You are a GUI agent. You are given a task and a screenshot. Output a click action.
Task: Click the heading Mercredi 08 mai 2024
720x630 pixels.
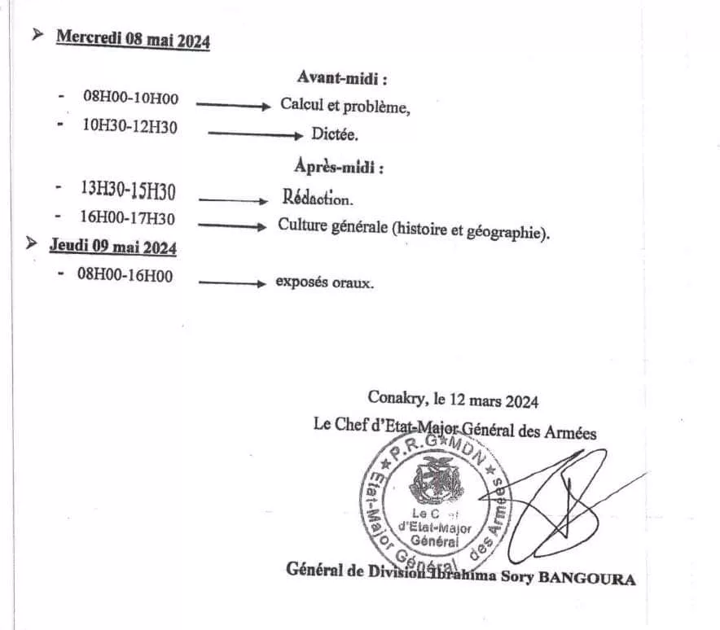click(x=133, y=41)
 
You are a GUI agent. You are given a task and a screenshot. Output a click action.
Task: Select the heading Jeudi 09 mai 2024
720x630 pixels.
click(x=113, y=246)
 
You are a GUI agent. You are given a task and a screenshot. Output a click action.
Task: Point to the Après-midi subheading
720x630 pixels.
click(x=338, y=167)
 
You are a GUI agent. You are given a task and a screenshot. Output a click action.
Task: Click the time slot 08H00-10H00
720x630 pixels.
click(x=130, y=98)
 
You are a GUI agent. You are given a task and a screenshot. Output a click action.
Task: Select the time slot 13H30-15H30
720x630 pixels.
click(x=128, y=190)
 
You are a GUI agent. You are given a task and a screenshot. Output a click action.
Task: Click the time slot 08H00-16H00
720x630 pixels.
click(x=125, y=275)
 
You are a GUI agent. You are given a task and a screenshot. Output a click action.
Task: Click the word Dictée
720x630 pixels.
click(x=335, y=134)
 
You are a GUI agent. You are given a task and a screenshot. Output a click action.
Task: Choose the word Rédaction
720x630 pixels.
click(x=318, y=199)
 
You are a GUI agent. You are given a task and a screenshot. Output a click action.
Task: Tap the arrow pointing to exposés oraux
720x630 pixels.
click(x=232, y=283)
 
